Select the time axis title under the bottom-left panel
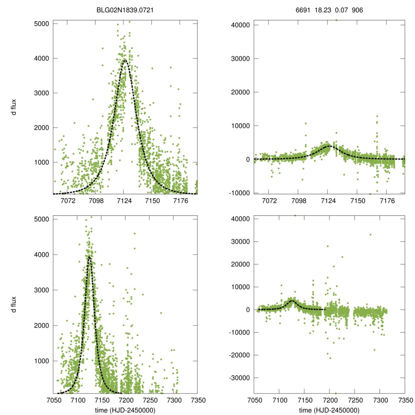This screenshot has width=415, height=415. click(x=125, y=410)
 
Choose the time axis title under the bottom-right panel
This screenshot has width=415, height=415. click(x=329, y=410)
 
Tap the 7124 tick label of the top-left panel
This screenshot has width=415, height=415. click(x=124, y=201)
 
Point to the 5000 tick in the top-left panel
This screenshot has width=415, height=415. click(x=41, y=24)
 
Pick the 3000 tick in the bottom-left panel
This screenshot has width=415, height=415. click(x=41, y=290)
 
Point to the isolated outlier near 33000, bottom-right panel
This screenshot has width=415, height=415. click(x=370, y=234)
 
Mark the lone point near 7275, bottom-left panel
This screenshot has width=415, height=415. click(x=161, y=312)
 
